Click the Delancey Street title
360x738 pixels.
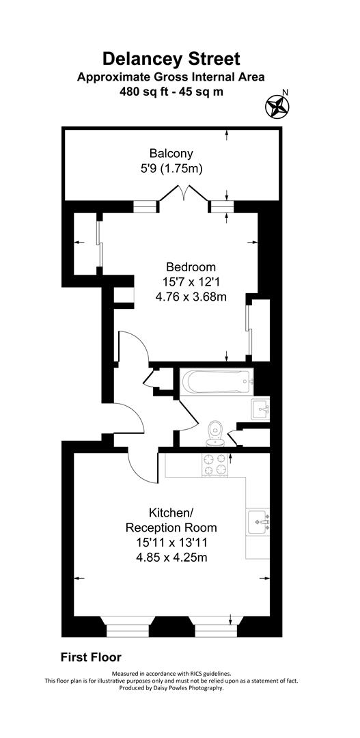coord(171,58)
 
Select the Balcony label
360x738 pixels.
coord(171,153)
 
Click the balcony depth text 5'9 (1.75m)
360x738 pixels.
coord(171,168)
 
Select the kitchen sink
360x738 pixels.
coord(260,521)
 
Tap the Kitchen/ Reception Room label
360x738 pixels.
coord(171,520)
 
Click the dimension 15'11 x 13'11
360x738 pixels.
coord(171,543)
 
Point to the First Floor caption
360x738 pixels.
coord(91,657)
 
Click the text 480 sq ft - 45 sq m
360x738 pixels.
coord(171,90)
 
